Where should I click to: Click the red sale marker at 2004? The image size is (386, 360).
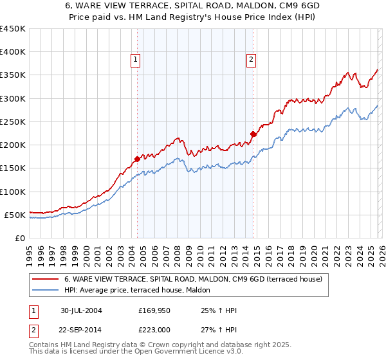(x=137, y=159)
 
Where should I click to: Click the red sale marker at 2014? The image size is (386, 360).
(x=253, y=134)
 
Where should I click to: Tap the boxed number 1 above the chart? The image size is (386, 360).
(x=136, y=60)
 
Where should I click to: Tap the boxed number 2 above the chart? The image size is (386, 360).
(x=251, y=60)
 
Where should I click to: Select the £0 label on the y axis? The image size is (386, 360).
(x=19, y=238)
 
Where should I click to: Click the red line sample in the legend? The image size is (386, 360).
(x=46, y=280)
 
